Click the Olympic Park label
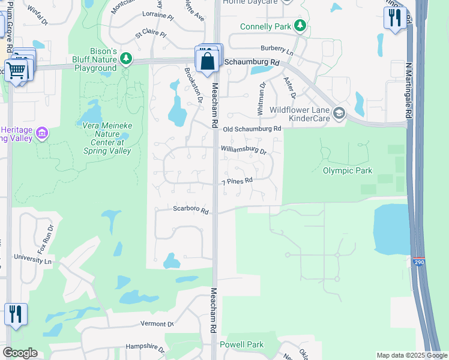click(348, 171)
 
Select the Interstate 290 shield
click(419, 262)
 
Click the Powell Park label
click(241, 345)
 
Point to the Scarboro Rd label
click(191, 211)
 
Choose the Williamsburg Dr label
click(243, 149)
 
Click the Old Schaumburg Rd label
click(252, 129)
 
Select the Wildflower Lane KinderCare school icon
click(340, 113)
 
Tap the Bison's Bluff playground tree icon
click(125, 58)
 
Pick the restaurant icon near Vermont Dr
click(16, 314)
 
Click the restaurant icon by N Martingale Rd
click(394, 17)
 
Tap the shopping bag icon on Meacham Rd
click(207, 61)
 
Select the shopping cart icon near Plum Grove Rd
click(16, 70)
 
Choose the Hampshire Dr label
click(145, 347)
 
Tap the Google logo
click(20, 353)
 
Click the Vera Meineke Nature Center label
click(103, 138)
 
